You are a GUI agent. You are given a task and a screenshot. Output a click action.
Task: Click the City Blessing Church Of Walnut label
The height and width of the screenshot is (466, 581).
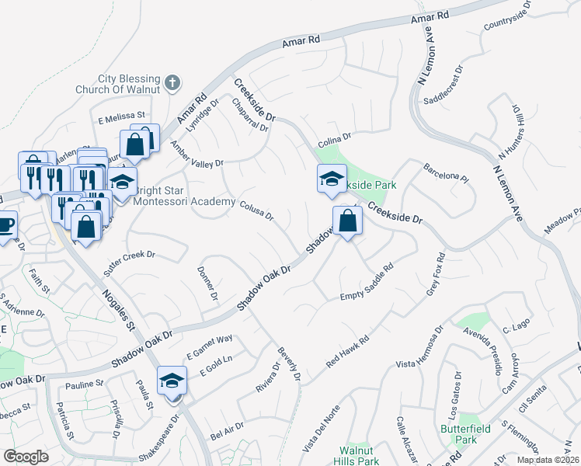click(129, 84)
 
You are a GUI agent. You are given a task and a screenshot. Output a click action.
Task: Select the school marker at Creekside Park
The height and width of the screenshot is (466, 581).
click(332, 179)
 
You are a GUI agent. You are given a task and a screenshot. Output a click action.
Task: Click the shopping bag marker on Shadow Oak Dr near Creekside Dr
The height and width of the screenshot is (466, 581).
click(347, 221)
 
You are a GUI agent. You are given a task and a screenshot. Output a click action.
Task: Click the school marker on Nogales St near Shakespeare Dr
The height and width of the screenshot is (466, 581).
click(172, 381)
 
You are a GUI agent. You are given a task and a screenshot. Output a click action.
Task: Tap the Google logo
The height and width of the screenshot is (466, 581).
click(26, 457)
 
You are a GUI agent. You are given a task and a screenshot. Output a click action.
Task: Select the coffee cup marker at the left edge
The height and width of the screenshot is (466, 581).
click(5, 226)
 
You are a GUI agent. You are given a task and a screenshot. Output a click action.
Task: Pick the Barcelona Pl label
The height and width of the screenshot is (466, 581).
click(446, 172)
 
